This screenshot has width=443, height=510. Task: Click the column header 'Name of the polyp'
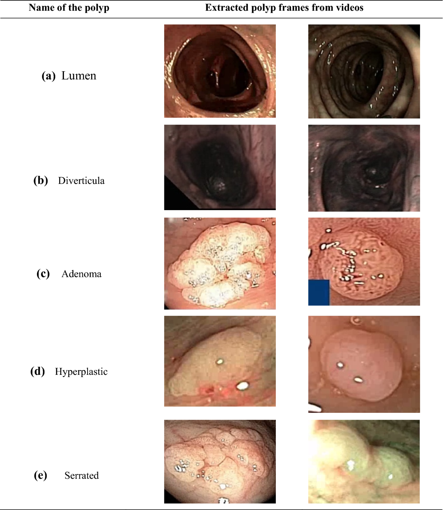click(69, 8)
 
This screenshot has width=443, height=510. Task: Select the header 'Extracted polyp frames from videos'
click(284, 8)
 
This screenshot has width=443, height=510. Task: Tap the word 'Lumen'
click(79, 76)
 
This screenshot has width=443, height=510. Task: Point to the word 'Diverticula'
click(81, 181)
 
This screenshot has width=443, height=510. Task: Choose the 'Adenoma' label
click(81, 274)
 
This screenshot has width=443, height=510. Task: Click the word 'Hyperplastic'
click(81, 372)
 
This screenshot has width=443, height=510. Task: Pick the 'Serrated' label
click(82, 475)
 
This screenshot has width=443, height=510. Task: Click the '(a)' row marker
click(48, 76)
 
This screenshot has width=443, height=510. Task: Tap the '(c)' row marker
click(43, 274)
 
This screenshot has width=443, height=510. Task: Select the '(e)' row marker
click(40, 475)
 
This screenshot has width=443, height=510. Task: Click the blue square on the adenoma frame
click(319, 292)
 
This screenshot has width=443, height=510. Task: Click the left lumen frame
click(220, 71)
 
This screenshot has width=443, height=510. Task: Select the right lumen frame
click(364, 71)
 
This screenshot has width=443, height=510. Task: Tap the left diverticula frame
click(220, 167)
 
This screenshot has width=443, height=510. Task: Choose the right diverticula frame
click(364, 168)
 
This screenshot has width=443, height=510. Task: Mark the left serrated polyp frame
click(220, 461)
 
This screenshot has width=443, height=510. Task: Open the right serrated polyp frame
click(364, 461)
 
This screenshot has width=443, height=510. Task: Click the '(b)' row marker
click(41, 181)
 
